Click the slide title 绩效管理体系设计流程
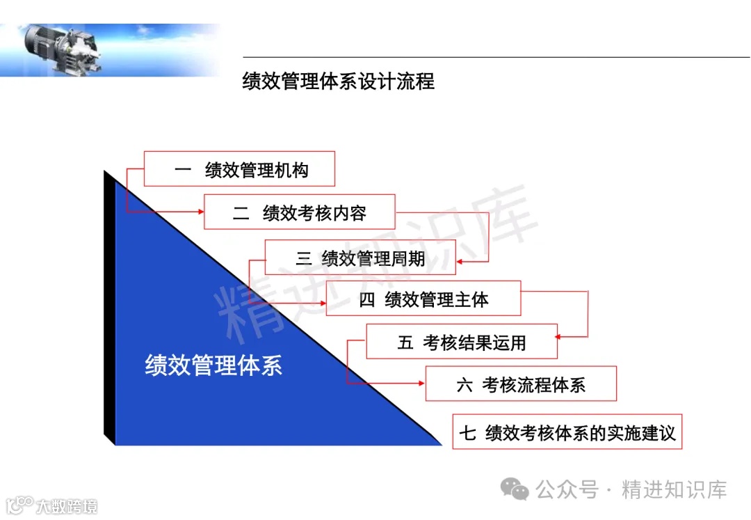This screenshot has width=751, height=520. point(338,81)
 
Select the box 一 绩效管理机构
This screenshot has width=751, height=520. point(239,169)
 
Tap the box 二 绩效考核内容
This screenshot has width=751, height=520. point(299,212)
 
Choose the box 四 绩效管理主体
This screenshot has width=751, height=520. point(423,299)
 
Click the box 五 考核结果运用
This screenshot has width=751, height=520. point(462,342)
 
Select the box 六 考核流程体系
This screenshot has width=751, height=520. point(521,384)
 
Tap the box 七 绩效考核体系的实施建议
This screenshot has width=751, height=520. point(567,432)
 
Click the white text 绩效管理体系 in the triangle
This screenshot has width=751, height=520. point(213,365)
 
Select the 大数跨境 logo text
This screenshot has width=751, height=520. point(67,505)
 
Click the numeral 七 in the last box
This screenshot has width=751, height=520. point(467,433)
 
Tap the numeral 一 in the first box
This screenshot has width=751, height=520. point(183,170)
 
